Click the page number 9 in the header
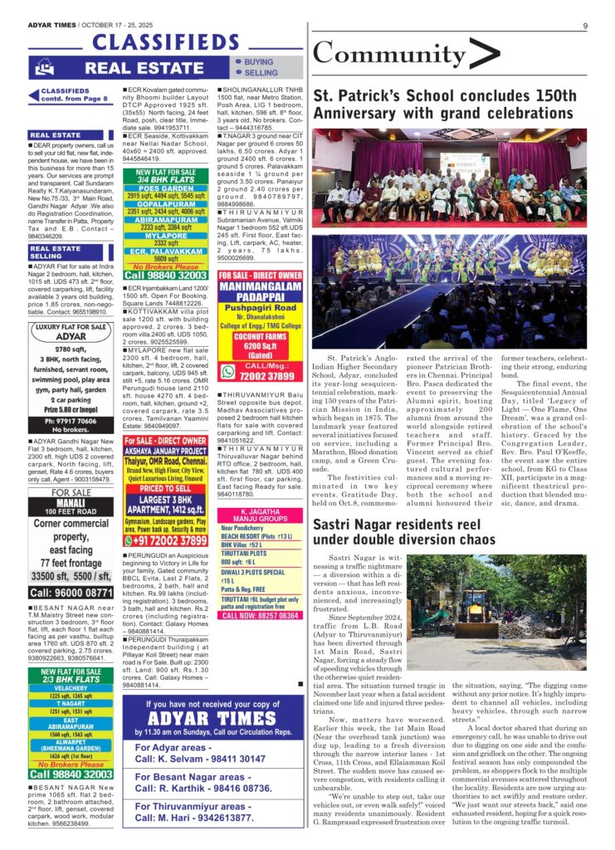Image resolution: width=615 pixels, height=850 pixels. tap(585, 26)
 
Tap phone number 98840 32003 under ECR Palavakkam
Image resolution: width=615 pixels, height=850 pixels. tap(166, 275)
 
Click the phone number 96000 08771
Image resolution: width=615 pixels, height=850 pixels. tap(71, 593)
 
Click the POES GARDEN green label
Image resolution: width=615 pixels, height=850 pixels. tap(166, 188)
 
